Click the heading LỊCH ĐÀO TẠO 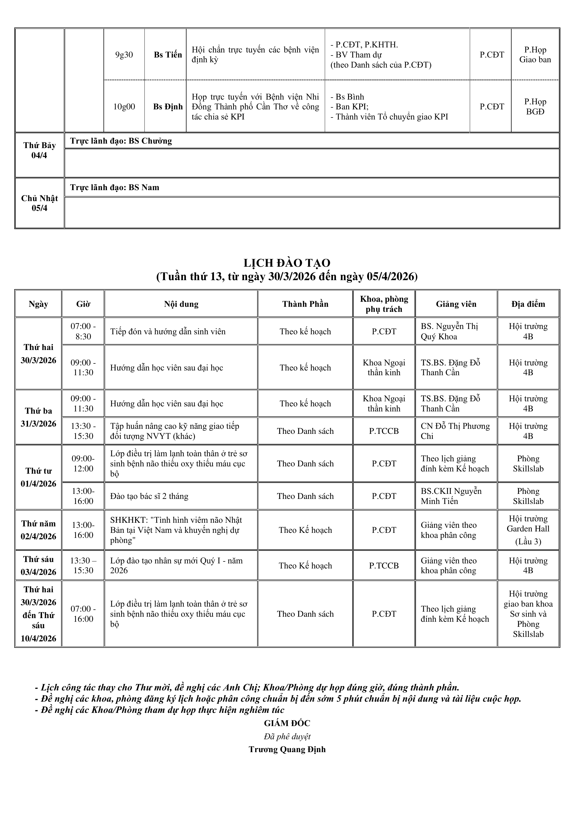pos(287,263)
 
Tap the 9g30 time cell pos(124,55)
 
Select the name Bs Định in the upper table pos(168,107)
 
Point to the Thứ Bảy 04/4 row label pos(39,150)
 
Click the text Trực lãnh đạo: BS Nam pos(115,188)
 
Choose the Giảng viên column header pos(456,304)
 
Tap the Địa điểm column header pos(528,304)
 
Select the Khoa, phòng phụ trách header pos(384,304)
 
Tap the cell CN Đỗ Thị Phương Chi pos(455,431)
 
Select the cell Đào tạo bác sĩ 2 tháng pos(149,496)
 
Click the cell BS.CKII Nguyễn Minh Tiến pos(451,496)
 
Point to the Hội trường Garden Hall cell pos(528,530)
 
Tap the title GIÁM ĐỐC pos(287,723)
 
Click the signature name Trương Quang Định pos(287,749)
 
